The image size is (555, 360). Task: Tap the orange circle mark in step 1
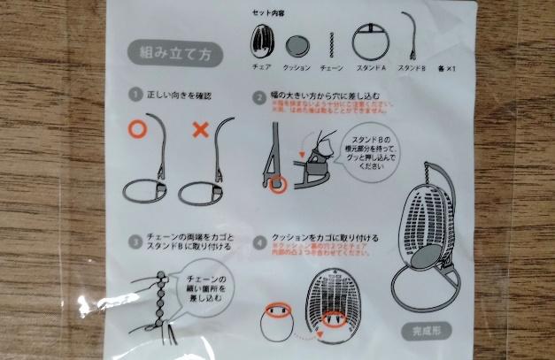[137, 129]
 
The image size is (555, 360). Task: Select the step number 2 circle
[259, 95]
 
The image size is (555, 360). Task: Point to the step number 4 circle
[259, 239]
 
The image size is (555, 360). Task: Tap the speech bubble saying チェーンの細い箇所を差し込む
[194, 288]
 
